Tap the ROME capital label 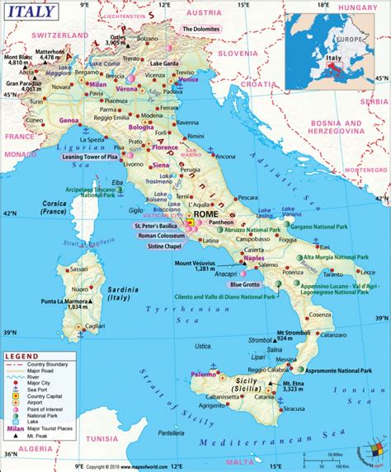205,213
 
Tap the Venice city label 187,80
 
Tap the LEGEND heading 27,355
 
